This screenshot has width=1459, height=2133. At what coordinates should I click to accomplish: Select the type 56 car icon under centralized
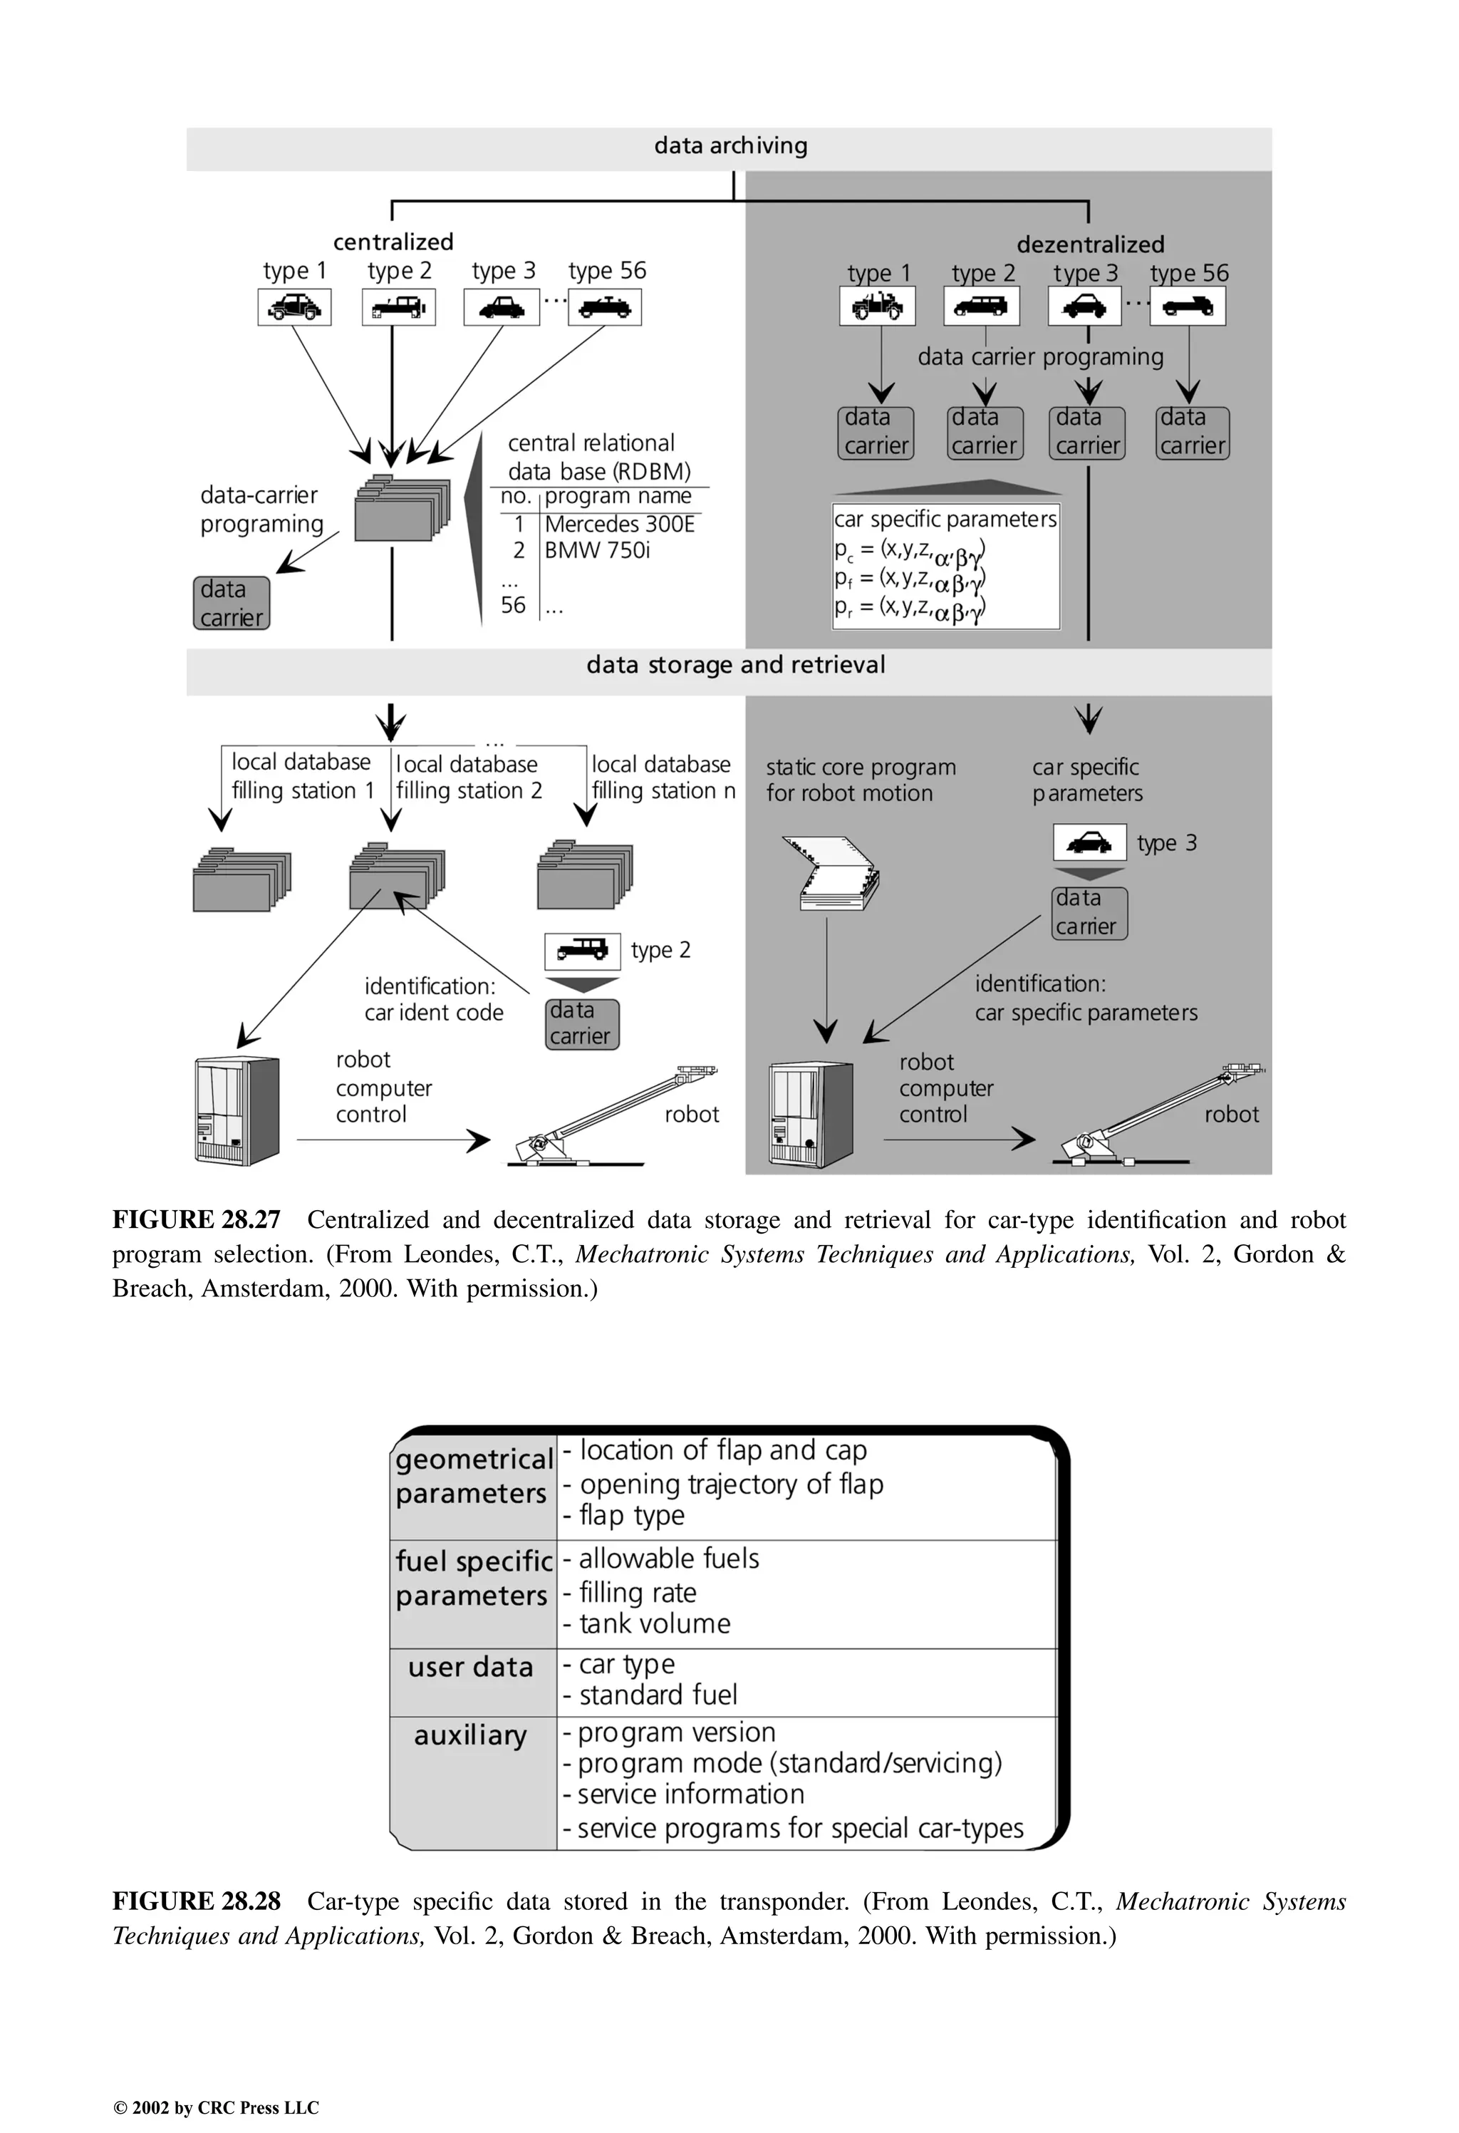pos(605,307)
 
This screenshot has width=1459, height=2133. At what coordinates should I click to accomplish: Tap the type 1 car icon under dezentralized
pos(877,306)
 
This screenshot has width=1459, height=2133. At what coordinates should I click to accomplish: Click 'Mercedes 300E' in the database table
pos(619,524)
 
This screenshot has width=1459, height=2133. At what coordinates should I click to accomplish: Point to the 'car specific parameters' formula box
pos(946,565)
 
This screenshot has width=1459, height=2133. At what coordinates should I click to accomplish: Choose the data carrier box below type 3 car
pos(1089,913)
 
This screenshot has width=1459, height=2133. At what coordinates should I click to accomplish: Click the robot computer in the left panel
pos(237,1110)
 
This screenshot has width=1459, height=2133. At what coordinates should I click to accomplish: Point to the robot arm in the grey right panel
pos(1161,1115)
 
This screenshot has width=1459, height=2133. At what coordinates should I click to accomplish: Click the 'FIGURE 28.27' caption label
pos(197,1220)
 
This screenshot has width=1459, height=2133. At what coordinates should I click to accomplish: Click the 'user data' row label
pos(471,1667)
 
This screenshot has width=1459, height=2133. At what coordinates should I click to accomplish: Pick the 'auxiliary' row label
pos(471,1735)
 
